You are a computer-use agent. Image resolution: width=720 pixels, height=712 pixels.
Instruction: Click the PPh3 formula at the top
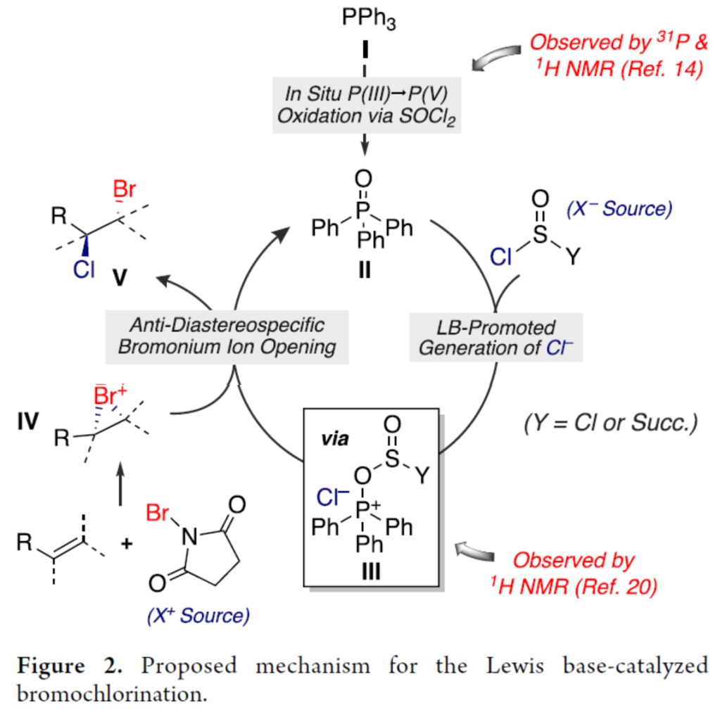(368, 20)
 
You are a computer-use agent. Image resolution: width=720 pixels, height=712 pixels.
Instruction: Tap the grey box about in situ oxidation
(365, 104)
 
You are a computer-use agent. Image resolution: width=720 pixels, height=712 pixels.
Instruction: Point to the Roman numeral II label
(363, 270)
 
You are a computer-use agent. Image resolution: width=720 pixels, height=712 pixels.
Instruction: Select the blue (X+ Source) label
(198, 616)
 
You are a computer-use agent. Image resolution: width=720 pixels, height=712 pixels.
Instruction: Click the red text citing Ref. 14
(616, 56)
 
